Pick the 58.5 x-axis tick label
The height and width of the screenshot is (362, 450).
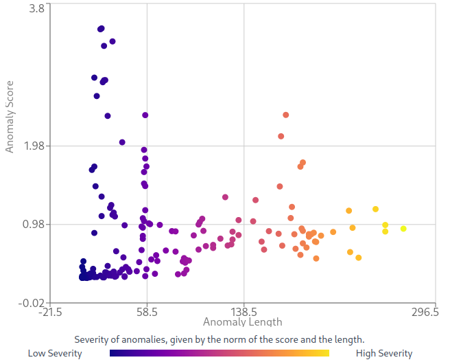[147, 312]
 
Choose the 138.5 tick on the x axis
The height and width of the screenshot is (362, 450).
[244, 312]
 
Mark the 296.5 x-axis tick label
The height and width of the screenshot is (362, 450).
[425, 312]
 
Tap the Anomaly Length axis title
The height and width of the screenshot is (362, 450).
[242, 321]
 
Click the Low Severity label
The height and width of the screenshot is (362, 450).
[55, 354]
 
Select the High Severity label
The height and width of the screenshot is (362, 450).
[384, 354]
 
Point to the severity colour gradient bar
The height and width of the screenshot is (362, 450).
[220, 353]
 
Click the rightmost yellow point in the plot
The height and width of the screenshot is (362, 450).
[403, 229]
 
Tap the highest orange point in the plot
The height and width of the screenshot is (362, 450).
[286, 115]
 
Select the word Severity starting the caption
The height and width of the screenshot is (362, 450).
[91, 339]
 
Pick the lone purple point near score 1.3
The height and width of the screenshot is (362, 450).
[225, 197]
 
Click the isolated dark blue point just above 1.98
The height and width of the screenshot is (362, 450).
[122, 142]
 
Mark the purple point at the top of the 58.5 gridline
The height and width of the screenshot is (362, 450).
[145, 115]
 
